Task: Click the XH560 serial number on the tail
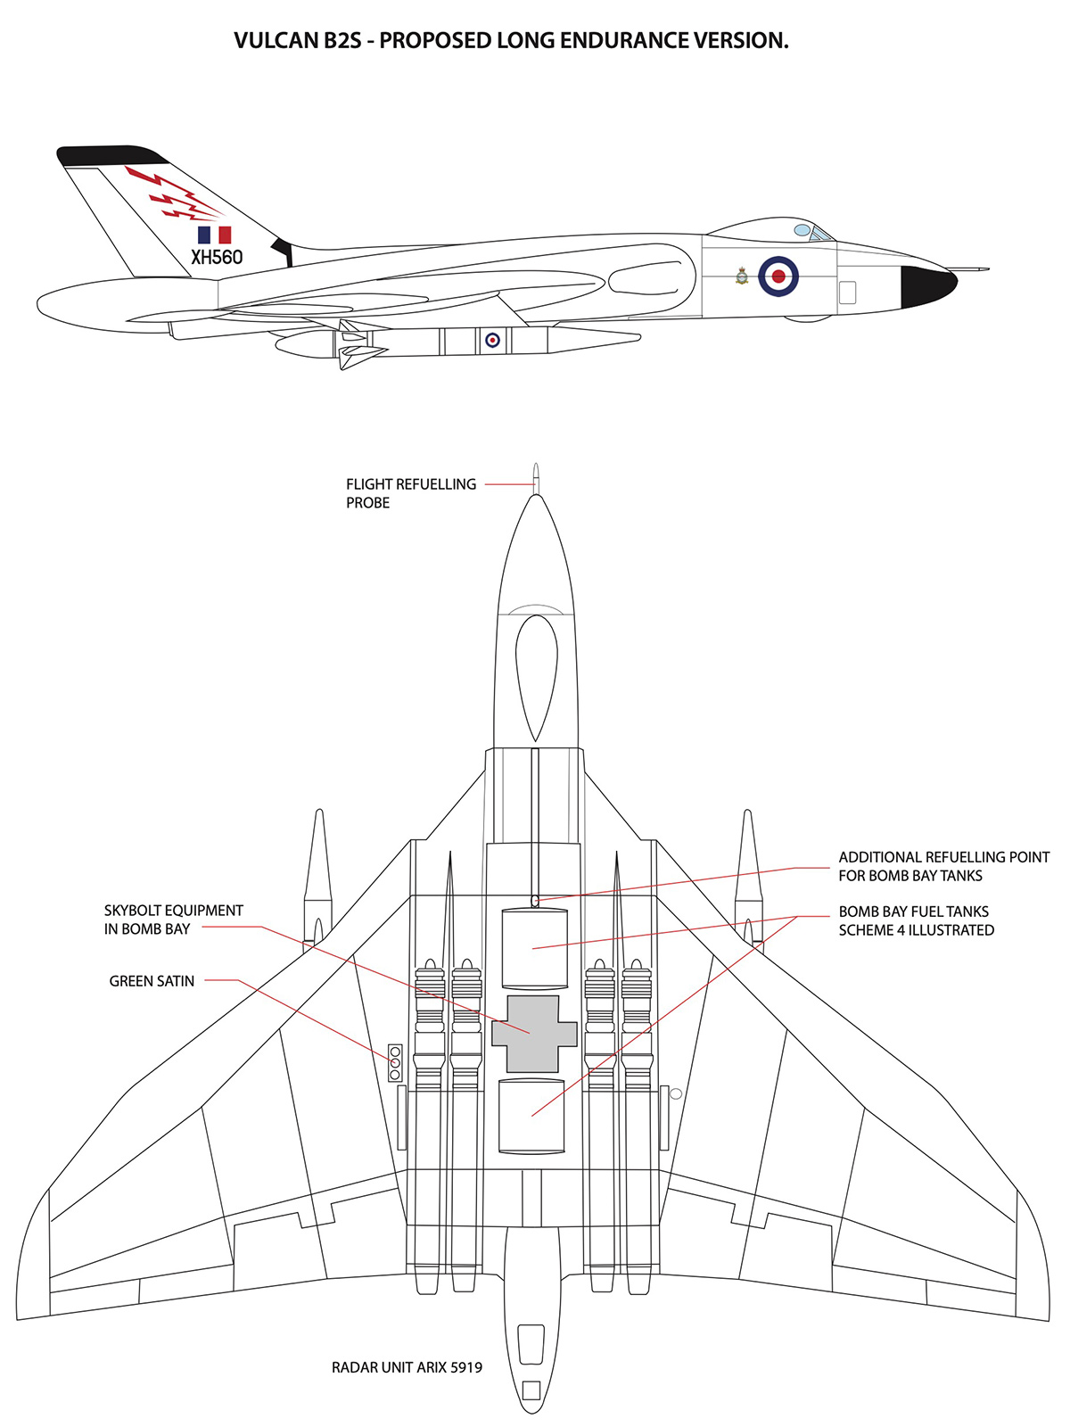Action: coord(217,257)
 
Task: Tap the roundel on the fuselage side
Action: coord(778,276)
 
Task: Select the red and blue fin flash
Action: coord(214,235)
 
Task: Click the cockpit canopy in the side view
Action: coord(813,233)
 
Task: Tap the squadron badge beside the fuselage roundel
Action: coord(742,276)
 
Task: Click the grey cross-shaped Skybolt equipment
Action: coord(533,1034)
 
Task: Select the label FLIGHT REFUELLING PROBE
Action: coord(411,493)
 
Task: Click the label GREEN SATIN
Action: coord(152,981)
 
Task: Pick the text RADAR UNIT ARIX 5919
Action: coord(407,1367)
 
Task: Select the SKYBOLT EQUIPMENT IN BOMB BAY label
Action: coord(173,920)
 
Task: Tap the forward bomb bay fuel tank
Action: coord(534,947)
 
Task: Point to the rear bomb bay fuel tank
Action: coord(531,1115)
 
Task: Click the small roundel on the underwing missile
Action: coord(492,340)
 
